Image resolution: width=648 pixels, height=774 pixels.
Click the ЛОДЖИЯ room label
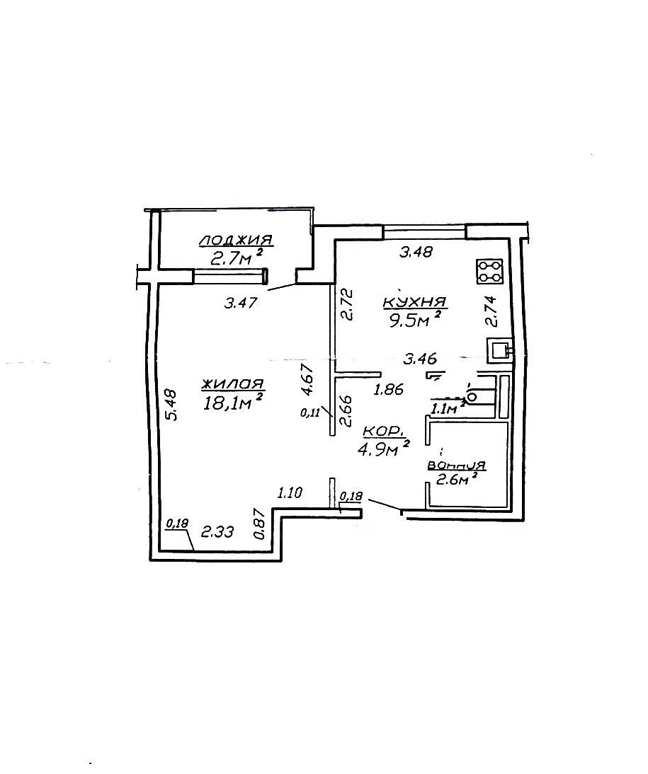(x=236, y=241)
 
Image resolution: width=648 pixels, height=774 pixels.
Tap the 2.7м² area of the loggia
(x=236, y=258)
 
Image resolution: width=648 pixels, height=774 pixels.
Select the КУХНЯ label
(x=415, y=302)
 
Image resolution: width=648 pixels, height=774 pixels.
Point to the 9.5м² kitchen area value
(x=414, y=319)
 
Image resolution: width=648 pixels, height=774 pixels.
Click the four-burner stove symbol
(x=489, y=272)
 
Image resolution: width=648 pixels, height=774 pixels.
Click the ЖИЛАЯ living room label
(x=233, y=384)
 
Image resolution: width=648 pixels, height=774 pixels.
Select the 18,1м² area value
(x=232, y=403)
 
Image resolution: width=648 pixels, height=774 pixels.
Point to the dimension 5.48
(x=171, y=404)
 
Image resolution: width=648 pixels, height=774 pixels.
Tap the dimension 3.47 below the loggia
(x=241, y=302)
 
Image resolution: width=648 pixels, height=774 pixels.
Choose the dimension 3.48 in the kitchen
(x=416, y=253)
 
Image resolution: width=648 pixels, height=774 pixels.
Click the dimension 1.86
(x=389, y=389)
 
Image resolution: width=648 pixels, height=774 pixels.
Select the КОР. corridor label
(x=384, y=432)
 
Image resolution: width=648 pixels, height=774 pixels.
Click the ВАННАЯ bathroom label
(x=457, y=465)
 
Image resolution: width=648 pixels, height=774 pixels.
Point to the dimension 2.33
(x=217, y=531)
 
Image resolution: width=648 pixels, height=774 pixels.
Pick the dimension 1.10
(x=290, y=492)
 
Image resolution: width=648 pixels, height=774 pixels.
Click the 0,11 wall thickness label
(x=310, y=412)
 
